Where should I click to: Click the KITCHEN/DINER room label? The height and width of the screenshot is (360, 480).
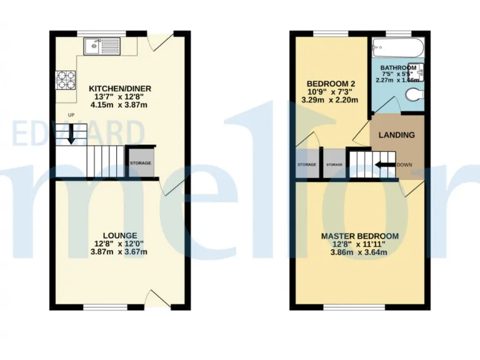(x=120, y=88)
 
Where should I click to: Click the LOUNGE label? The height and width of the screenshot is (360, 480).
(x=120, y=235)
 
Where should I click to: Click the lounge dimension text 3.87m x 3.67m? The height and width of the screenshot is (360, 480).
(x=120, y=252)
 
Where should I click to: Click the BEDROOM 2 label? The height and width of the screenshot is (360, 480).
(x=331, y=84)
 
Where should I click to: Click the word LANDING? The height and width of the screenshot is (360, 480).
(x=397, y=134)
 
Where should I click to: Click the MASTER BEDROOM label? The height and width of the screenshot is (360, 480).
(x=360, y=236)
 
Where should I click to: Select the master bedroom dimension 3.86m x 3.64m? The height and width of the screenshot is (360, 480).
(x=360, y=252)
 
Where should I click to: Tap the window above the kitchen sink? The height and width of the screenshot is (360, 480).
(x=96, y=32)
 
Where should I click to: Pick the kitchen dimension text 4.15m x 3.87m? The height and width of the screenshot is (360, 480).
(x=120, y=105)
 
